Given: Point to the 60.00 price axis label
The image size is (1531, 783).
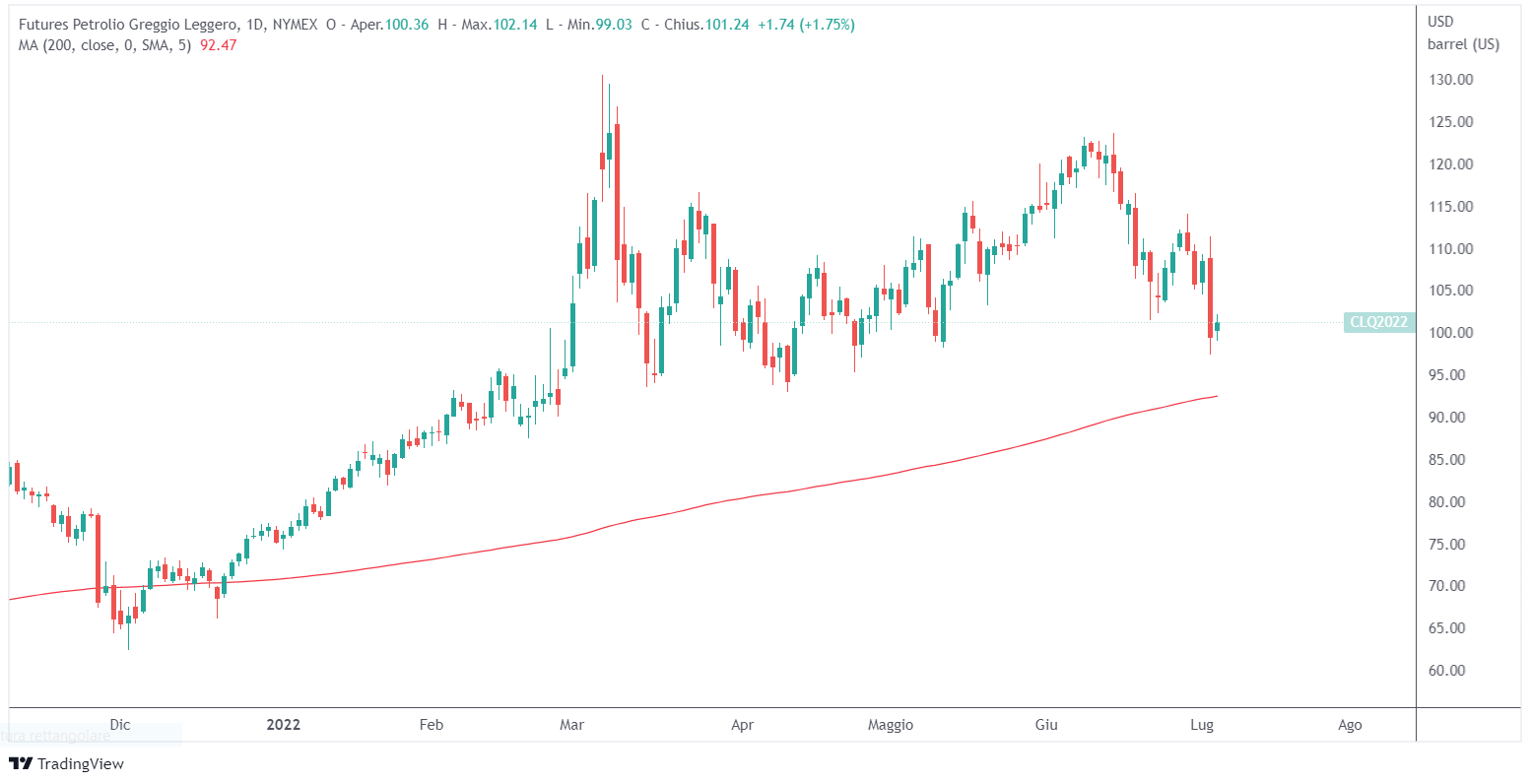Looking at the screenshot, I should tap(1446, 671).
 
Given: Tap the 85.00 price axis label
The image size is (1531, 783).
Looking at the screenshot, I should tap(1446, 460).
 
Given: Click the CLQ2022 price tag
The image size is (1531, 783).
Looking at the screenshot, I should tap(1379, 322).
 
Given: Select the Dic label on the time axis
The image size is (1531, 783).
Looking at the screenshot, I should tap(120, 725).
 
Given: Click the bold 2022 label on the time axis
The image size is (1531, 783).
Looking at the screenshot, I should tap(284, 725).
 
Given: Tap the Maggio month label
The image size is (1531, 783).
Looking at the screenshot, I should tap(890, 725).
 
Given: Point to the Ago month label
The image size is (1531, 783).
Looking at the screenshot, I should tap(1350, 725).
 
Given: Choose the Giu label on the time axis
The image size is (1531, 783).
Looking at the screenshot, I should tap(1046, 725).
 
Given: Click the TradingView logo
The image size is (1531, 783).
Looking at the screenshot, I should tap(67, 763).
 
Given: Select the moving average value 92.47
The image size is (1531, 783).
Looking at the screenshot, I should tap(219, 44).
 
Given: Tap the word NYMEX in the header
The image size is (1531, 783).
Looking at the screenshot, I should tap(293, 25).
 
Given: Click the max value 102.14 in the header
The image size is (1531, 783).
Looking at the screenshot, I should tap(514, 25).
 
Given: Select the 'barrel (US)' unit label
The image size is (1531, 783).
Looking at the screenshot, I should tap(1463, 44).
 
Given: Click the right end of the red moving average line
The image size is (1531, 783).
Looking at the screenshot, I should tap(1217, 396).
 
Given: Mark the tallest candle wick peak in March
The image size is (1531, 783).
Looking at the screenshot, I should tap(602, 76).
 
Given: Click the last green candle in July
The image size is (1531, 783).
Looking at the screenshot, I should tap(1218, 326).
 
